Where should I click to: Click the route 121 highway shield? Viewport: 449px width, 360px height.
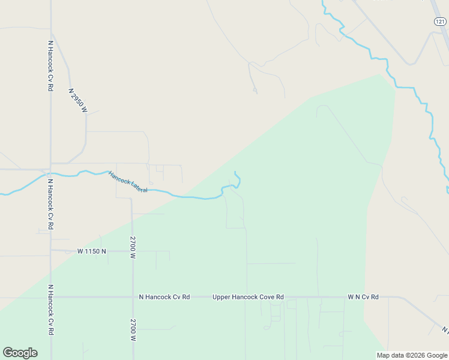(440, 21)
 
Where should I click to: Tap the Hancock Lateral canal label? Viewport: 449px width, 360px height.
(128, 182)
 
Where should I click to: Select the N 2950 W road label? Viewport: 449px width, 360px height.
(78, 101)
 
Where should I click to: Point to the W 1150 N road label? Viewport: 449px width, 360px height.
(91, 251)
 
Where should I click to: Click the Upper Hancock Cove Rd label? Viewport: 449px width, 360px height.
(248, 297)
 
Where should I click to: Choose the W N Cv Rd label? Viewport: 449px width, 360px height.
(363, 297)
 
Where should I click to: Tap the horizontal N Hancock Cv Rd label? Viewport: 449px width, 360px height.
(164, 297)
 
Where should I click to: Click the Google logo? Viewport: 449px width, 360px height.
(20, 353)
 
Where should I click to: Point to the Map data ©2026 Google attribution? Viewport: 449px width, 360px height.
(412, 355)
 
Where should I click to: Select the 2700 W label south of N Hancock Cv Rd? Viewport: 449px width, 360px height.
(133, 330)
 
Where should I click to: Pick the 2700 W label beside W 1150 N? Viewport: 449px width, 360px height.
(133, 247)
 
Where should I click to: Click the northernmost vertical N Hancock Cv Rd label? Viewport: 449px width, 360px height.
(50, 66)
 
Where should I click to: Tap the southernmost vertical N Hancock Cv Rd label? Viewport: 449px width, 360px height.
(51, 310)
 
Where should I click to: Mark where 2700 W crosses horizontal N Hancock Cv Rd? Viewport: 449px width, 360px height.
(133, 297)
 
